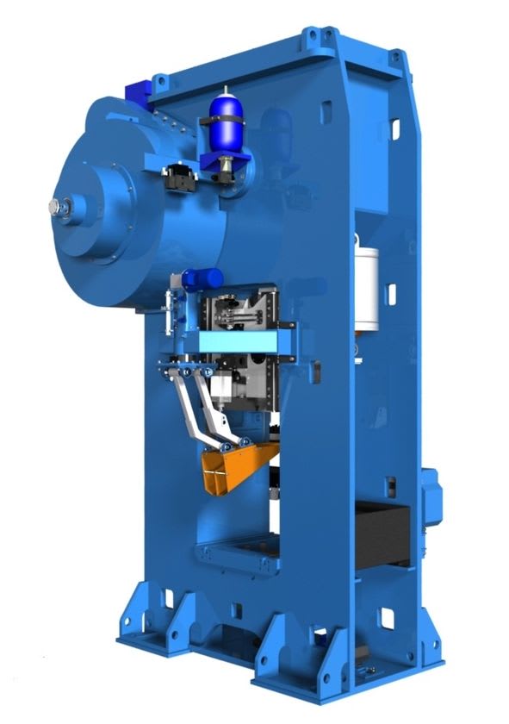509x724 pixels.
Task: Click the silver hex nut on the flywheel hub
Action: (x=57, y=206)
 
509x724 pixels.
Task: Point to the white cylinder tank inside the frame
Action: (x=368, y=286)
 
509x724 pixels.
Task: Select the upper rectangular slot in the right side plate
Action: (x=395, y=128)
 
